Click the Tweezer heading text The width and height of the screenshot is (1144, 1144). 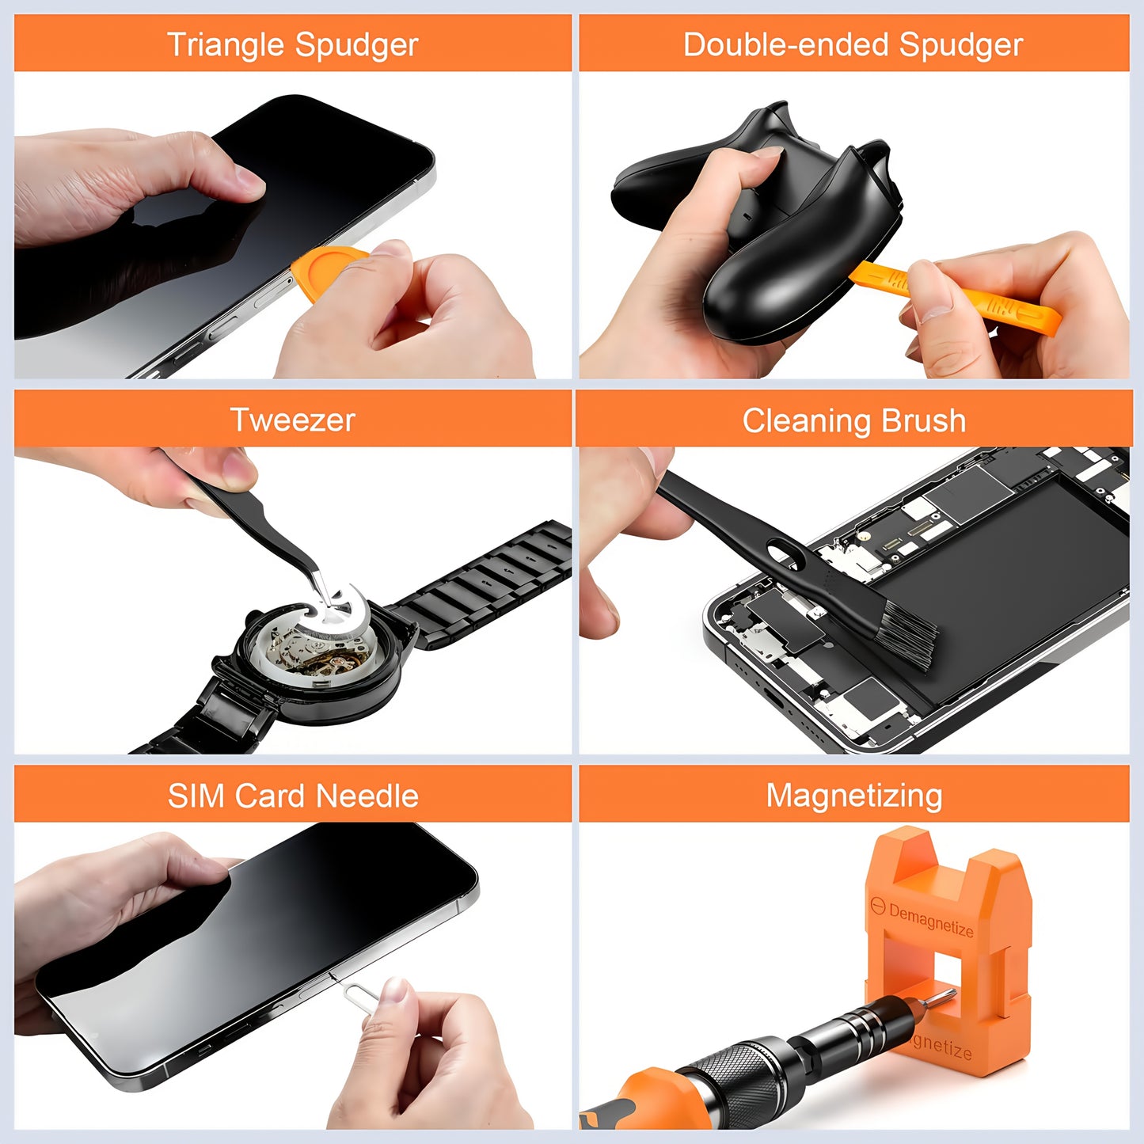point(292,420)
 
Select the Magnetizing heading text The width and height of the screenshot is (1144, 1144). point(853,795)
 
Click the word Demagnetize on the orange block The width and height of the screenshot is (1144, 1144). point(931,920)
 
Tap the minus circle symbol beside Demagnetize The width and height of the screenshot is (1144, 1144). point(877,906)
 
